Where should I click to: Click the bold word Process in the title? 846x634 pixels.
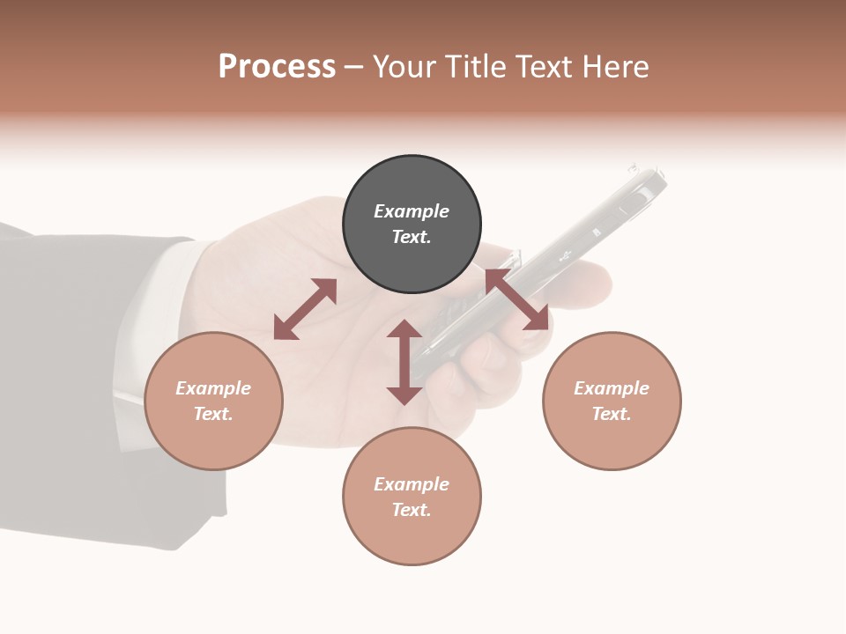click(277, 67)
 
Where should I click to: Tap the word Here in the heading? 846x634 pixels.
click(614, 67)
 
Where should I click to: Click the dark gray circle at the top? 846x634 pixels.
click(412, 224)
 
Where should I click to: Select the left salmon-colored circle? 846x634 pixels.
click(213, 401)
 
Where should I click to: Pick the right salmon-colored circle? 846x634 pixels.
click(612, 401)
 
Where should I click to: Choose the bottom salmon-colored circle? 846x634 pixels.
click(412, 496)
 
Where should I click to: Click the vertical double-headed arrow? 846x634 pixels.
click(404, 362)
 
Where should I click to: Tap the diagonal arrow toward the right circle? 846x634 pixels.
click(517, 299)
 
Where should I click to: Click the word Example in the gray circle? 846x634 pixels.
click(412, 211)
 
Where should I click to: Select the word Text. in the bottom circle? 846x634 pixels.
click(412, 510)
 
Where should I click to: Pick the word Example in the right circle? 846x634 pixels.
click(612, 388)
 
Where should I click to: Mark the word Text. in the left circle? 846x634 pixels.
click(213, 414)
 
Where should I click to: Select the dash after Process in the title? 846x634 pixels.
click(354, 67)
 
